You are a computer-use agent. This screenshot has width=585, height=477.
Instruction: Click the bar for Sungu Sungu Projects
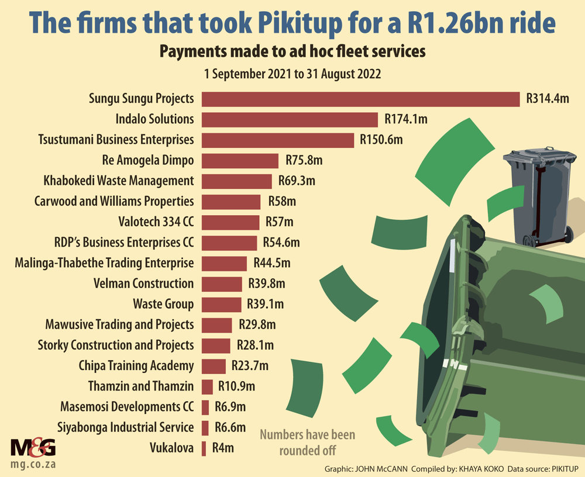360,99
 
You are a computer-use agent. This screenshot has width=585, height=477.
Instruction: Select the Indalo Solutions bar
290,119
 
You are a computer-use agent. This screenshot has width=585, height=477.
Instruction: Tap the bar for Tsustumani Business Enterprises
278,140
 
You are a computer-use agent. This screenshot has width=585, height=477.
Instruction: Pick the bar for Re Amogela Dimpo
240,160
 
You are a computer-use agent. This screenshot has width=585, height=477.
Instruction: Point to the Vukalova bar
204,448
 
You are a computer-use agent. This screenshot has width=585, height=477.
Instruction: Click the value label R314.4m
548,99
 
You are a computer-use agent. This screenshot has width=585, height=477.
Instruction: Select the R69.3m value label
296,181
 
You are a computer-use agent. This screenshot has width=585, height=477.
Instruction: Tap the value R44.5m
271,263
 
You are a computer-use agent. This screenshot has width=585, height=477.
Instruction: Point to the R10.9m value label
236,386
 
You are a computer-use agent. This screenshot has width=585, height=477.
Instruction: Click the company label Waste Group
163,304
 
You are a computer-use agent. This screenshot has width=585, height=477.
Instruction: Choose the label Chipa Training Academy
136,366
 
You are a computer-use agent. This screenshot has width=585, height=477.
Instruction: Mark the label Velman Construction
143,284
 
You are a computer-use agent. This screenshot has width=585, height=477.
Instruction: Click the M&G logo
33,448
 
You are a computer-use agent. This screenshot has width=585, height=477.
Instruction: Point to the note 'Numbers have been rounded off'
307,443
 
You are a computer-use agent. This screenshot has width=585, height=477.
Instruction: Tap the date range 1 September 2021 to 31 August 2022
292,74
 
